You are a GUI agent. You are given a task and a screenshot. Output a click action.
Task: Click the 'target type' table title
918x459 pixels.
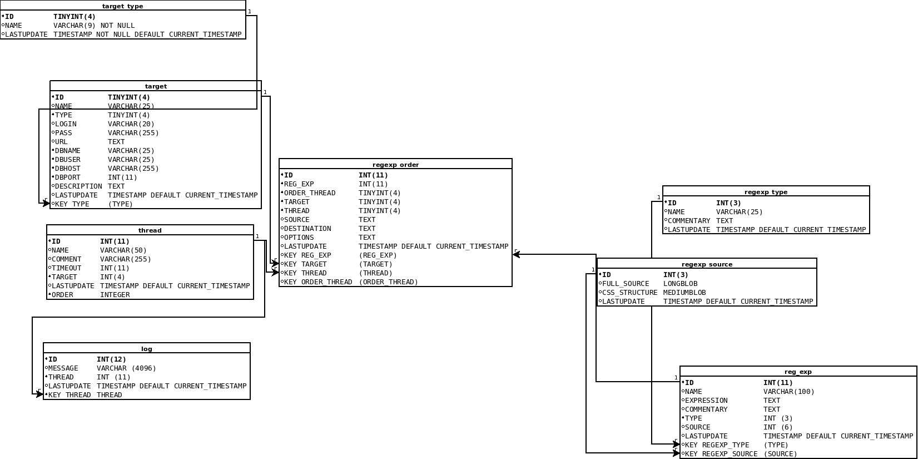point(122,6)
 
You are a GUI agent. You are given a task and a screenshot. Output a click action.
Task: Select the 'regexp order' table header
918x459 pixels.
point(395,165)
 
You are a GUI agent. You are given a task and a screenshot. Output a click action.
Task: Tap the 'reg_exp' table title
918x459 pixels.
point(798,372)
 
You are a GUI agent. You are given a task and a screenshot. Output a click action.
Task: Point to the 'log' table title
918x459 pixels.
point(146,349)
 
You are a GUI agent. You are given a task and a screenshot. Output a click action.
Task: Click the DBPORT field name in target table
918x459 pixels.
point(67,177)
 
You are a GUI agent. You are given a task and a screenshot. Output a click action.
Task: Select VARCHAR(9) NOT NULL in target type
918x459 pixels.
point(94,26)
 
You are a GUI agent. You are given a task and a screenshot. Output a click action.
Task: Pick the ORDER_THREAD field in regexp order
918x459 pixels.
point(310,193)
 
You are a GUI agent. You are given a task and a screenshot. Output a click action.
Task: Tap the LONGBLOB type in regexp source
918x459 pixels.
point(680,284)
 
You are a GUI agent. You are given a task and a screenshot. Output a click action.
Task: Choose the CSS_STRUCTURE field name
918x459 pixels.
point(629,293)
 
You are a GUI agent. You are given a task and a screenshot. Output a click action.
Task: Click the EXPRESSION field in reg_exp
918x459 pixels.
point(706,401)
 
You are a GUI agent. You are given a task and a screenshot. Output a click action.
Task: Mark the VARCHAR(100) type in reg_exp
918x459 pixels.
point(788,392)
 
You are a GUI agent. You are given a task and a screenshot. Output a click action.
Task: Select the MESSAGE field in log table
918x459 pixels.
point(63,368)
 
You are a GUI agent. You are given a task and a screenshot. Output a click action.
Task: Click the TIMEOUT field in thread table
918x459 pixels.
point(66,268)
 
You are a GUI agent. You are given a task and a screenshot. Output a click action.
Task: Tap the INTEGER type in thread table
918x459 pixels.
point(115,295)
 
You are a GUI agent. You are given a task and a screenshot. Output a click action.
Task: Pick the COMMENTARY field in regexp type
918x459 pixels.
point(689,221)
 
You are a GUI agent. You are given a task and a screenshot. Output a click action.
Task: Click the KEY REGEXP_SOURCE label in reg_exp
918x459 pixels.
point(721,454)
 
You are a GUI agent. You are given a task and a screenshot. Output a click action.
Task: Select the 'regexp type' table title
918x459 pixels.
point(766,192)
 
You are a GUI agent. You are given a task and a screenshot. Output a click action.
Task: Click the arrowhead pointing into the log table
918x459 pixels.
point(39,394)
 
